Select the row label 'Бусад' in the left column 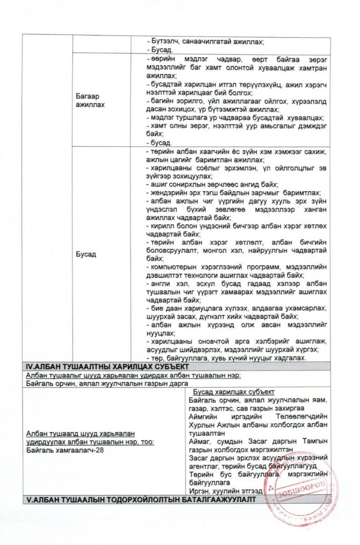point(86,254)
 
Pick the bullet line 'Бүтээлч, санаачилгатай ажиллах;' point(205,41)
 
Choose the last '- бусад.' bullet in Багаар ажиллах point(157,143)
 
